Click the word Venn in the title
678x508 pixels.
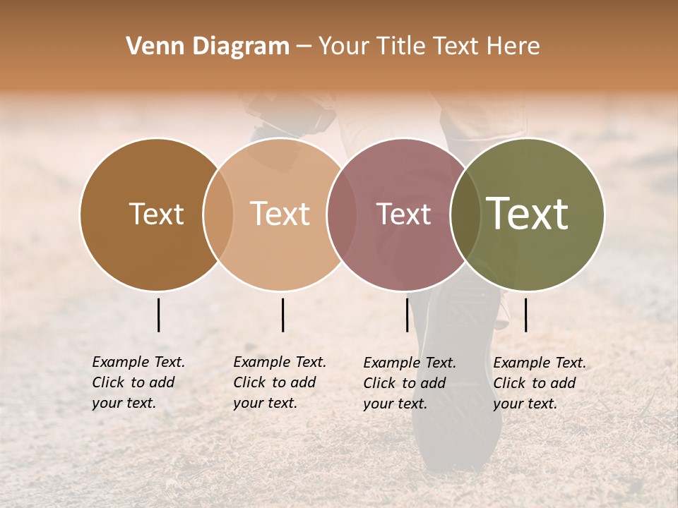(150, 47)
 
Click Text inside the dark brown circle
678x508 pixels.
(156, 214)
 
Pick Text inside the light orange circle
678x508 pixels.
(280, 214)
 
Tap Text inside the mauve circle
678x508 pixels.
(403, 214)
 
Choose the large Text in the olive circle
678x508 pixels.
(528, 214)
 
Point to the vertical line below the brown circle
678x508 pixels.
(159, 315)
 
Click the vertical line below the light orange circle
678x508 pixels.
(282, 315)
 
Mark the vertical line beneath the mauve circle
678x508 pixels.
(408, 315)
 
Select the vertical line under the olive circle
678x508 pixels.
(526, 315)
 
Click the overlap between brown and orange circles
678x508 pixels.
(218, 214)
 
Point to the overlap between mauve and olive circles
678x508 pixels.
(465, 214)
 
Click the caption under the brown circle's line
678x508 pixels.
(138, 382)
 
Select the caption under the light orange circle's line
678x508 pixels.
(279, 382)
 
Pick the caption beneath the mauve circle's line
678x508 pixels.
(409, 383)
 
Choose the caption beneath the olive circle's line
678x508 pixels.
(539, 383)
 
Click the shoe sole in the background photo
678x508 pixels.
(459, 423)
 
